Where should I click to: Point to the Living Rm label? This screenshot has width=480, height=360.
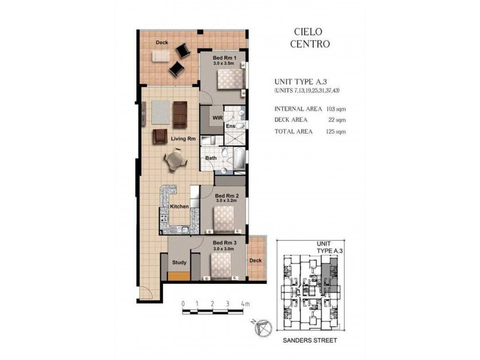(184, 139)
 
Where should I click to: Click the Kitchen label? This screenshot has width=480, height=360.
(180, 206)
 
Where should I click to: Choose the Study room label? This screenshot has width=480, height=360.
(179, 262)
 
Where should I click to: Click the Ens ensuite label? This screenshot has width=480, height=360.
(230, 126)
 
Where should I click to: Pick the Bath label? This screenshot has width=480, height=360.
(211, 158)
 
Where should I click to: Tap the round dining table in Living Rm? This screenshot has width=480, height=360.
(174, 160)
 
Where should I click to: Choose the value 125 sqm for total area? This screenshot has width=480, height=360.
(334, 131)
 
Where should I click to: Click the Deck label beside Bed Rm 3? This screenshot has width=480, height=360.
(256, 260)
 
